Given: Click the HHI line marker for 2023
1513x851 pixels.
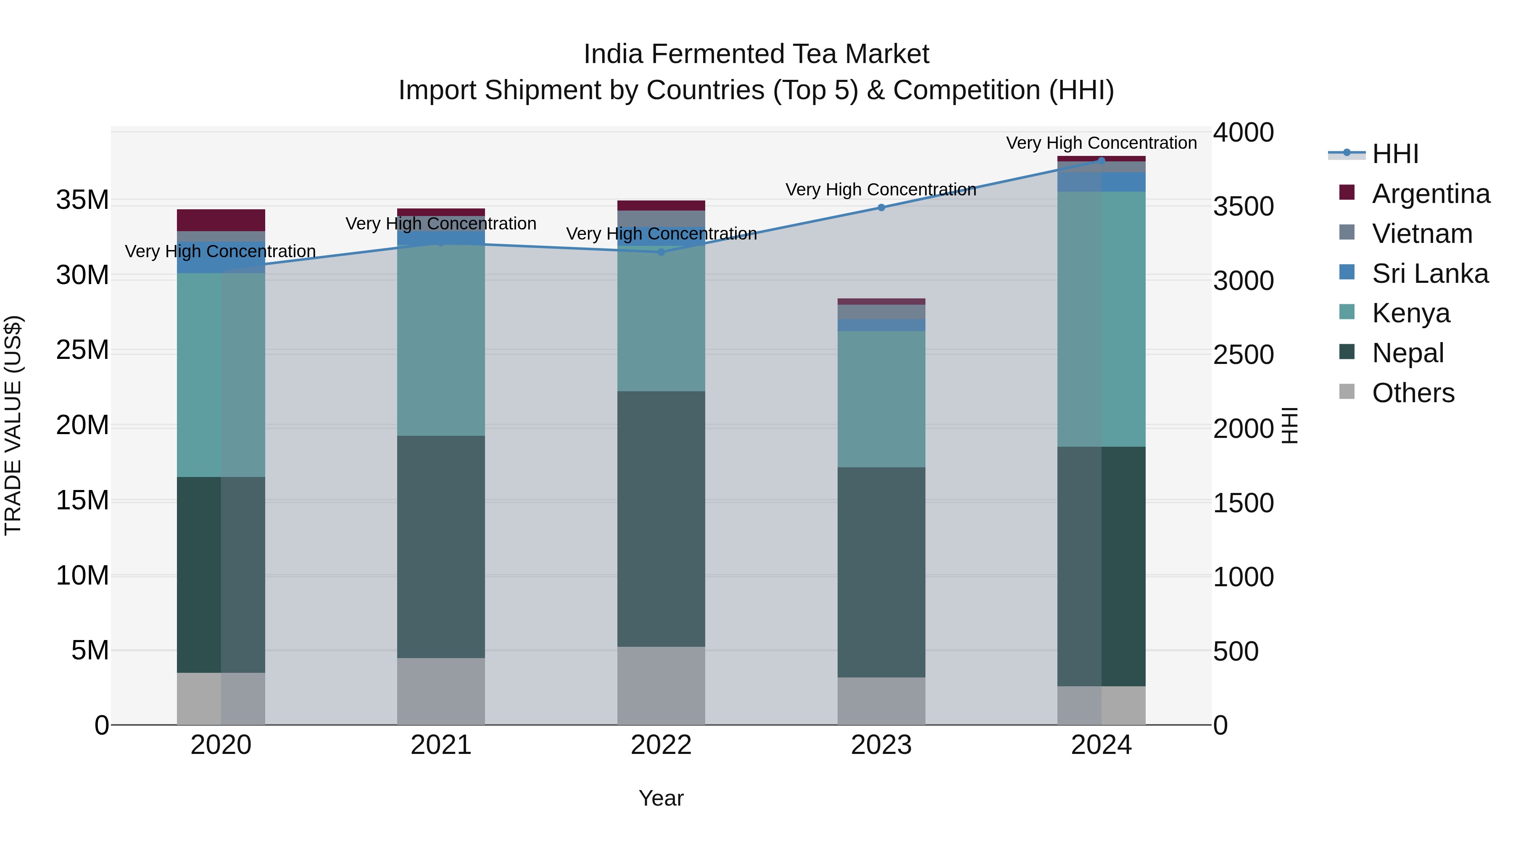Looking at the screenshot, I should tap(881, 207).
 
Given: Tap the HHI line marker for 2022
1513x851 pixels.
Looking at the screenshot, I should tap(661, 252).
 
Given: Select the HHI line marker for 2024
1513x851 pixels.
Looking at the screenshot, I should tap(1101, 161).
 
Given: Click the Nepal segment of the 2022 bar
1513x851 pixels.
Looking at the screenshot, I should tap(661, 519).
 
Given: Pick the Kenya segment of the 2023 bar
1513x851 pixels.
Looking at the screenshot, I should tap(881, 399).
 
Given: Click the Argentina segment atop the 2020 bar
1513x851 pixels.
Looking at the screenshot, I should tap(221, 220).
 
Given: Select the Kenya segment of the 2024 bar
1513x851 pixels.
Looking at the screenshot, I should tap(1101, 319).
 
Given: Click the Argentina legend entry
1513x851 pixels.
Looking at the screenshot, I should tap(1431, 194).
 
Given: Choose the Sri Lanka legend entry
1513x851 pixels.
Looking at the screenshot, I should tap(1430, 274).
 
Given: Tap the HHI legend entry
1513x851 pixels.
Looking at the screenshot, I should tap(1395, 154).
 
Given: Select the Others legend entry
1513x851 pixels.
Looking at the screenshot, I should tap(1413, 393).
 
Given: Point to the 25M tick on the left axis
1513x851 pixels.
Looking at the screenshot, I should tap(82, 350).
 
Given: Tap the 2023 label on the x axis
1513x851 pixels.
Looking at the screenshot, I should tap(881, 745).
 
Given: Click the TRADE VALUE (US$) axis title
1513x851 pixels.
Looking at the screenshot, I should tap(13, 425).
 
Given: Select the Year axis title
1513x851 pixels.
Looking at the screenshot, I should tap(661, 798).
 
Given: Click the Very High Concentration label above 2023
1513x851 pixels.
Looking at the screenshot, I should tap(880, 190).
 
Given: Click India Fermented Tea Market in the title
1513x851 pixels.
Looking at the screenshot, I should tap(756, 54).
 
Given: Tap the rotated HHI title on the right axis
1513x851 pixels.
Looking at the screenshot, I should tap(1290, 425).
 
